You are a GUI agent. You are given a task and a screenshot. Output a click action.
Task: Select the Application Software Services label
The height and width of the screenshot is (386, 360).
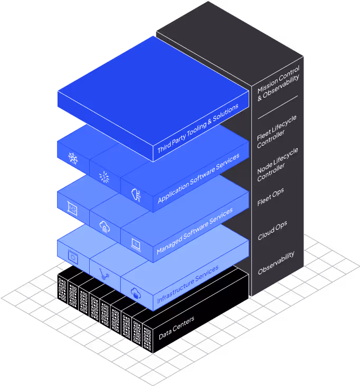pos(198,178)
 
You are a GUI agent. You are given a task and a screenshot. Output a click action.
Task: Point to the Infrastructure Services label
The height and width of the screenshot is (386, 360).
pos(188,285)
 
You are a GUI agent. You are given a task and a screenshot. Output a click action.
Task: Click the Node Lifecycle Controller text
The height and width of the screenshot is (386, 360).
pos(277,165)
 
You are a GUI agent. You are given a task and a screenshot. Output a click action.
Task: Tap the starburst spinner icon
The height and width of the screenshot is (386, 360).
pos(105,176)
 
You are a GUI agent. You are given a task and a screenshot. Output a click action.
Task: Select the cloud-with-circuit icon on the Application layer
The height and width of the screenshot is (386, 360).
pos(136,194)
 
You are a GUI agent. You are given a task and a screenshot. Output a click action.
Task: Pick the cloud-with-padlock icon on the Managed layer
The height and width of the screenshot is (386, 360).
pos(104,227)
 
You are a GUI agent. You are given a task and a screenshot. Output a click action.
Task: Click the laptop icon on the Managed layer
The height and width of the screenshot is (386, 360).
pos(136,244)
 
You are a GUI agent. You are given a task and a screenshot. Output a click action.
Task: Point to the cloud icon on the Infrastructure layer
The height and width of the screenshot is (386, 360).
pos(136,294)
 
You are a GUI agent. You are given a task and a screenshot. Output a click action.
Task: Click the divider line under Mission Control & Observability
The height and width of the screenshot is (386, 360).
pos(277,107)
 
